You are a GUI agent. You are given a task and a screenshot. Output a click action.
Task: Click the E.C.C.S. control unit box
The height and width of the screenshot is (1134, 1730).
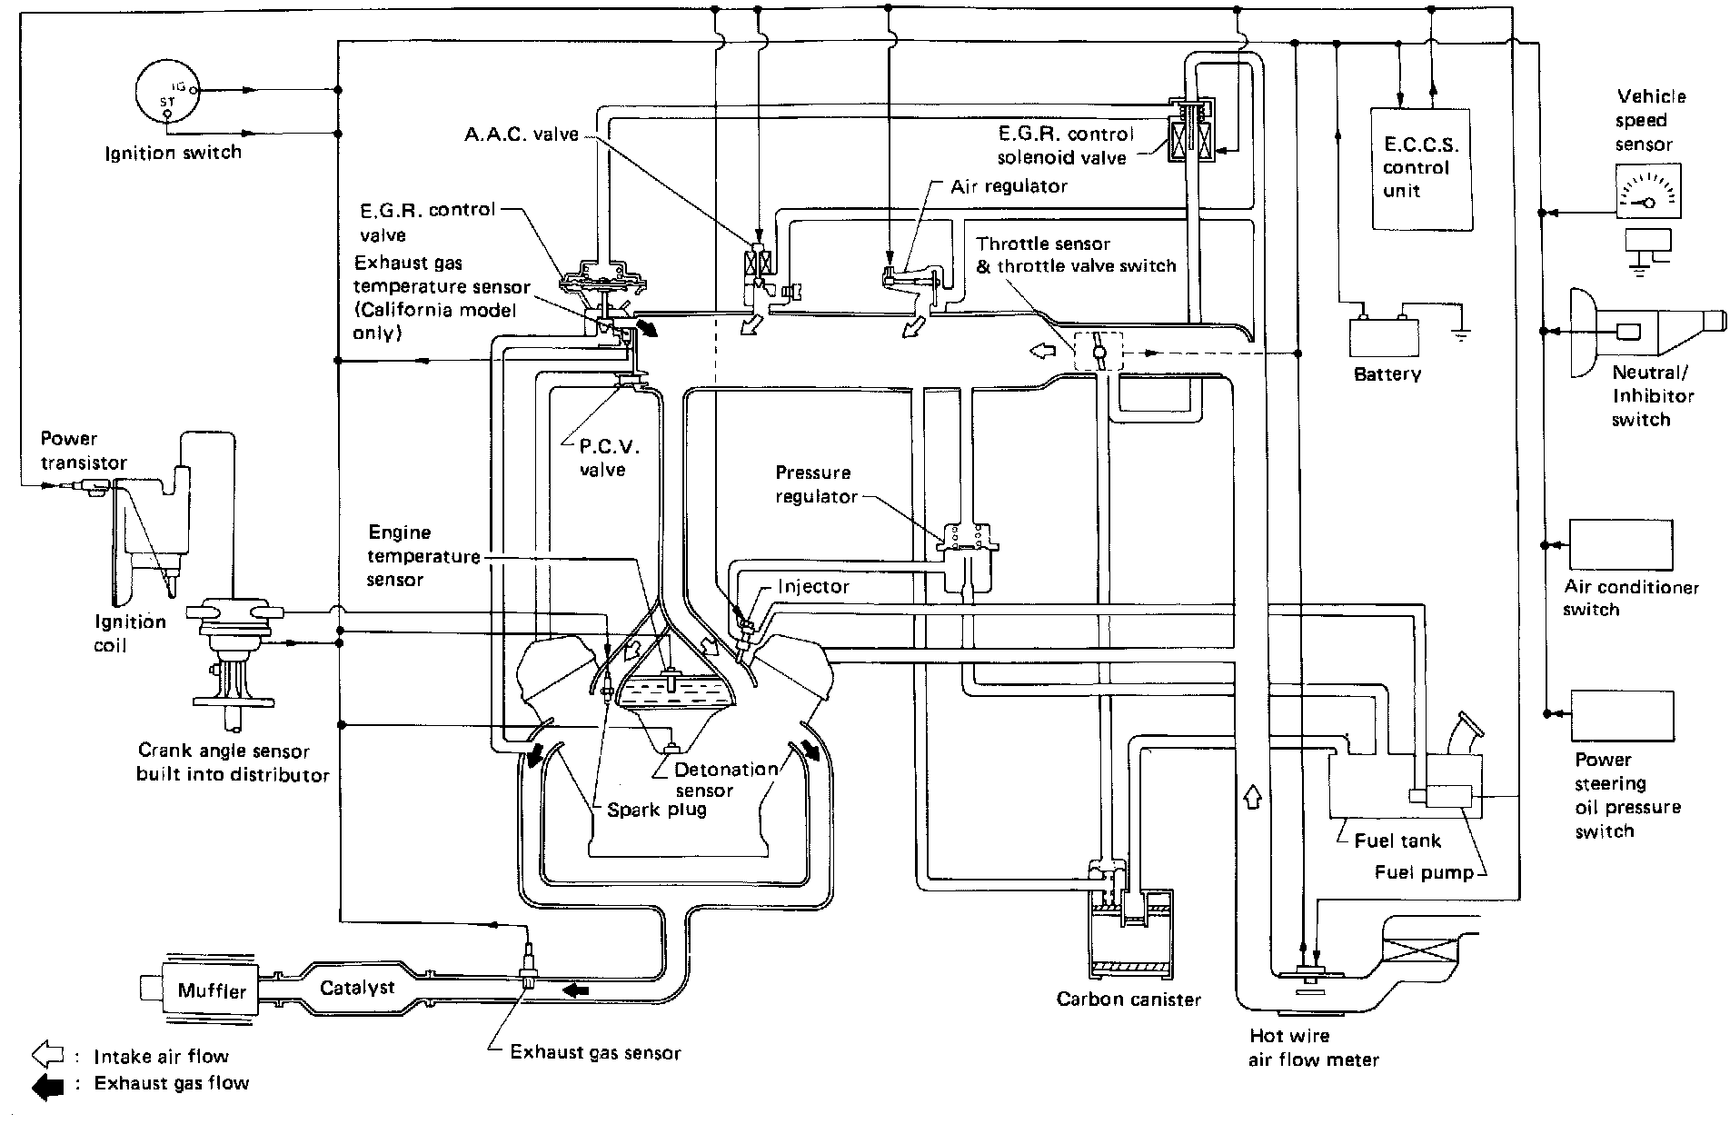coord(1421,168)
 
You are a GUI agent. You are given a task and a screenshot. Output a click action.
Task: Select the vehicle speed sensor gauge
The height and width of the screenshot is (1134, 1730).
coord(1647,191)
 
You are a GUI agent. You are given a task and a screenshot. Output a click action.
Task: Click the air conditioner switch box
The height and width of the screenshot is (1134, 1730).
coord(1621,544)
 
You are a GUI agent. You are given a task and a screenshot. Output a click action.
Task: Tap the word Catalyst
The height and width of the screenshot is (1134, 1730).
coord(357,988)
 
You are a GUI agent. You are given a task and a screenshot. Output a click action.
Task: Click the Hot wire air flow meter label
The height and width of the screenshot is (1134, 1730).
coord(1314,1048)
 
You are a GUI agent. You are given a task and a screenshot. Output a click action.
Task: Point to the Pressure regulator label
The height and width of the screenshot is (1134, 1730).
coord(816,484)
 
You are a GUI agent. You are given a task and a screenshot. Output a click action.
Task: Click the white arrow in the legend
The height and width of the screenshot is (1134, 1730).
coord(47,1056)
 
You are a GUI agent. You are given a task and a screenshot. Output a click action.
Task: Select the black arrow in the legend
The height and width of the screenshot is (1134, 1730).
coord(47,1084)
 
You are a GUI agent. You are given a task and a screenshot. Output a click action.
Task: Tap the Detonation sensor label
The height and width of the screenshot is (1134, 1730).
coord(725,780)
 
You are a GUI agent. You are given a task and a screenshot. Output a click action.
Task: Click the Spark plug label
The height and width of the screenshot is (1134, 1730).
coord(657,810)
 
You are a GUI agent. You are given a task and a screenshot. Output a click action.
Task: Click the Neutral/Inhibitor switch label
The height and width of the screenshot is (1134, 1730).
coord(1653,396)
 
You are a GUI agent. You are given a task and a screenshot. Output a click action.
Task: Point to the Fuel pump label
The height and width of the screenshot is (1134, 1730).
coord(1424,872)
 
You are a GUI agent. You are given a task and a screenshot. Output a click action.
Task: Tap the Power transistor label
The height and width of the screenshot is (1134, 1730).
coord(84,451)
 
